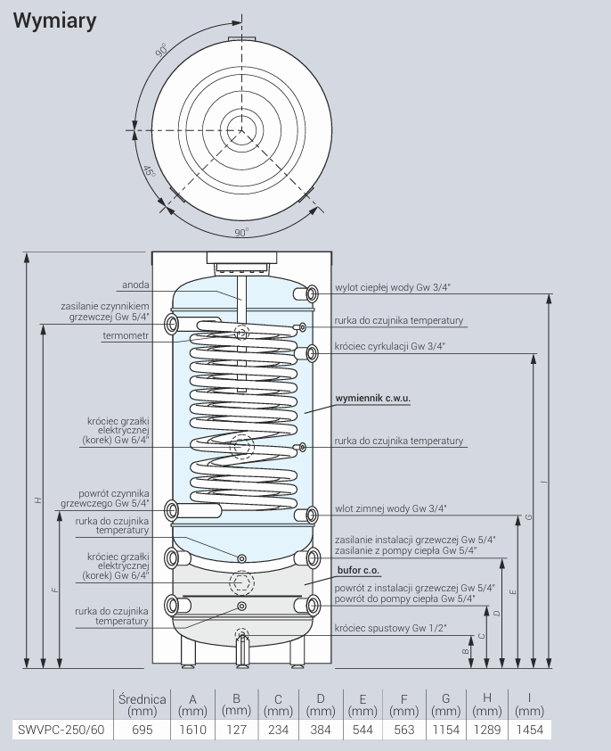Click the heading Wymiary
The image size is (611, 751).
pyautogui.click(x=54, y=21)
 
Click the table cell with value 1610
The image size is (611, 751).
pyautogui.click(x=192, y=730)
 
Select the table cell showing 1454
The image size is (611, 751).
pyautogui.click(x=530, y=730)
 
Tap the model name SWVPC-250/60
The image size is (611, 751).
pyautogui.click(x=61, y=730)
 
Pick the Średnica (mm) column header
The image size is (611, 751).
pyautogui.click(x=143, y=705)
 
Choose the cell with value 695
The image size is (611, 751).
pyautogui.click(x=143, y=730)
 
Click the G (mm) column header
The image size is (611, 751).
pyautogui.click(x=446, y=705)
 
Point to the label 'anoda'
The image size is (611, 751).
pyautogui.click(x=135, y=285)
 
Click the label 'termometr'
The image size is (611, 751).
pyautogui.click(x=126, y=335)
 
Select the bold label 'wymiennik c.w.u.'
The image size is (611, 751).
pyautogui.click(x=372, y=398)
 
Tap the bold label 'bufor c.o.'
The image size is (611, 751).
pyautogui.click(x=358, y=570)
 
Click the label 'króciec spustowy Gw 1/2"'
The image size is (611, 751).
pyautogui.click(x=390, y=628)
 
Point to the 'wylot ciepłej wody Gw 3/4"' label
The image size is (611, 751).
pyautogui.click(x=393, y=287)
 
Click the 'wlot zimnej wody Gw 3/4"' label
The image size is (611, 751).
pyautogui.click(x=390, y=508)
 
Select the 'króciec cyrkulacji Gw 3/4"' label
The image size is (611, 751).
pyautogui.click(x=390, y=346)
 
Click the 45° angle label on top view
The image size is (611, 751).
pyautogui.click(x=150, y=171)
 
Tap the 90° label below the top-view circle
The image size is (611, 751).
pyautogui.click(x=241, y=232)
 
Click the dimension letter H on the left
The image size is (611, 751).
pyautogui.click(x=38, y=500)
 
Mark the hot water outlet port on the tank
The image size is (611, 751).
pyautogui.click(x=306, y=293)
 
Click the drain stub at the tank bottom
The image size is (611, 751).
pyautogui.click(x=242, y=648)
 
